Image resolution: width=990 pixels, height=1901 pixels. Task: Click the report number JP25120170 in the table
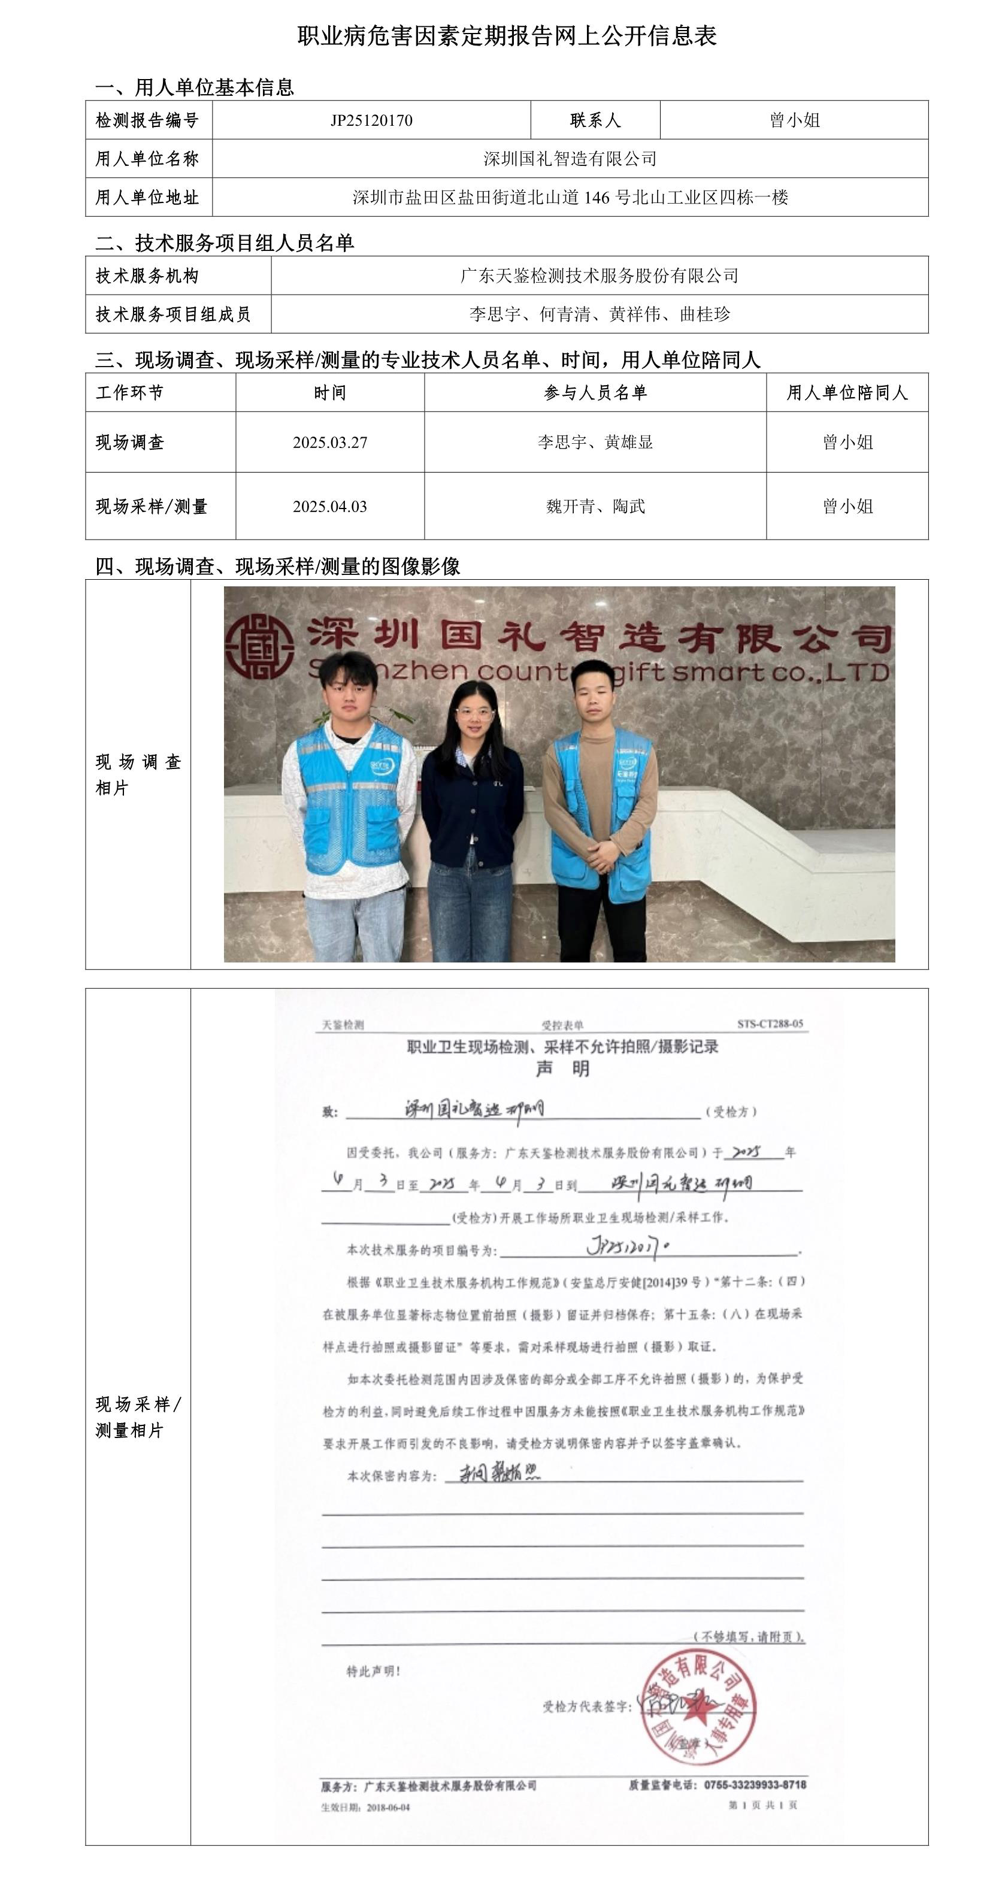pos(371,120)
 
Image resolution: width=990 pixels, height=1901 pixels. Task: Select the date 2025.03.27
pos(330,443)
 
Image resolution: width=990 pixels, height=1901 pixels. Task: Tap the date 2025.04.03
pos(330,506)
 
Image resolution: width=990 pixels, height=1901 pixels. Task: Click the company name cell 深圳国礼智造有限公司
pos(570,159)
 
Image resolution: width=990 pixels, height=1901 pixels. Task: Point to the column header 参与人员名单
pos(595,393)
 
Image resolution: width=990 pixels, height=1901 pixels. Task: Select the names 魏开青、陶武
pos(595,506)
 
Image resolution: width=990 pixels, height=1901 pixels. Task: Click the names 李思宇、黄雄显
pos(595,443)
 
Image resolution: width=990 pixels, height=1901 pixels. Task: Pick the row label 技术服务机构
pos(147,276)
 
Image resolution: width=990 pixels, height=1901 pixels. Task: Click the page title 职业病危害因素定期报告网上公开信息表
pos(507,35)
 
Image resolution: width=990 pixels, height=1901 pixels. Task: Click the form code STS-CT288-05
pos(770,1024)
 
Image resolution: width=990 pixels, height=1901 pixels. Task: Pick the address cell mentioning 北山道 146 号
pos(570,197)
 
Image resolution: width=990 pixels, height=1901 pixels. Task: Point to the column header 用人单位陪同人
pos(847,393)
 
